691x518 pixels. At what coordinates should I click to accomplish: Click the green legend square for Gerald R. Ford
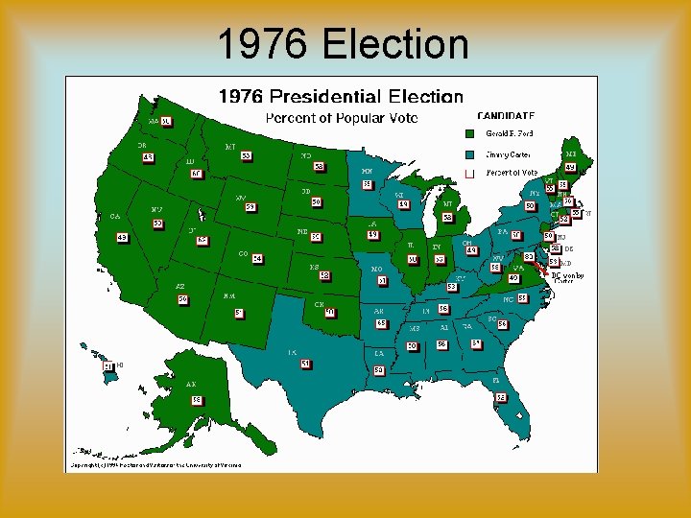click(469, 134)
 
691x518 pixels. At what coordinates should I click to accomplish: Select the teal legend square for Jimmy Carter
click(469, 153)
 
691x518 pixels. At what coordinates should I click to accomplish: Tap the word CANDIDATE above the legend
click(505, 115)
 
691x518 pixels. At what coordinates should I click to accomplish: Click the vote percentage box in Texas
click(305, 364)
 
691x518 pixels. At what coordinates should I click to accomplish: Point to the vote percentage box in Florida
click(500, 397)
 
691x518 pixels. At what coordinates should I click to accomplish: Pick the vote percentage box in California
click(122, 237)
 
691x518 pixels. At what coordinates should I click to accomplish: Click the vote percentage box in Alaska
click(196, 399)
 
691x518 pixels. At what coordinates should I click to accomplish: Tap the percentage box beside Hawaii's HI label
click(108, 365)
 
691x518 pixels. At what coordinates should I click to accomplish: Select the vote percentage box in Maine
click(570, 168)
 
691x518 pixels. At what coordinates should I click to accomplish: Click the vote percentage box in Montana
click(246, 155)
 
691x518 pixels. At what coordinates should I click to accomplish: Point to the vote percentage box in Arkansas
click(381, 323)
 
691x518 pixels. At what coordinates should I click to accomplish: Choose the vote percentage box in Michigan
click(447, 218)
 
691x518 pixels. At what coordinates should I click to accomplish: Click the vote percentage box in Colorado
click(257, 259)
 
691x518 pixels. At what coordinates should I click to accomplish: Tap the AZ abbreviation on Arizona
click(179, 287)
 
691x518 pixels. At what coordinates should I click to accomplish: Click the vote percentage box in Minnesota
click(367, 184)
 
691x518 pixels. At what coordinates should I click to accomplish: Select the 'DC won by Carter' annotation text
click(567, 278)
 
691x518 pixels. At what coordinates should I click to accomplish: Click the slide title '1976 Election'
click(343, 44)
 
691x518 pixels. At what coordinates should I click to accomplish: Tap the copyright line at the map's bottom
click(154, 465)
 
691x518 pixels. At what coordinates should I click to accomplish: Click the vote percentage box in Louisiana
click(379, 369)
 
